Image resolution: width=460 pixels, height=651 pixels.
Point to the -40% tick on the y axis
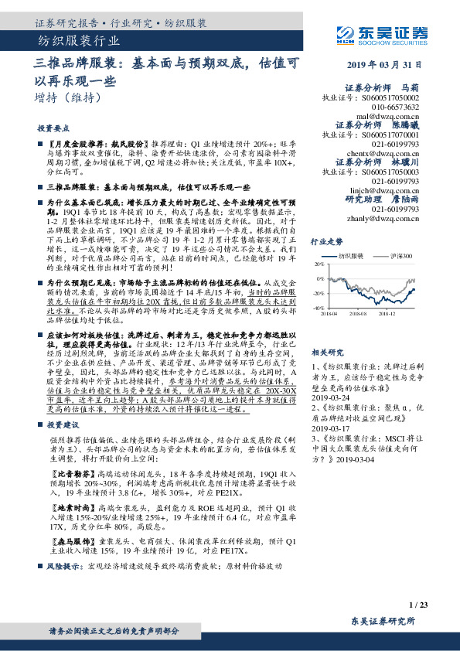pos(319,308)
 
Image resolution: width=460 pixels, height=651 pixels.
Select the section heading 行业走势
pos(326,242)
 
